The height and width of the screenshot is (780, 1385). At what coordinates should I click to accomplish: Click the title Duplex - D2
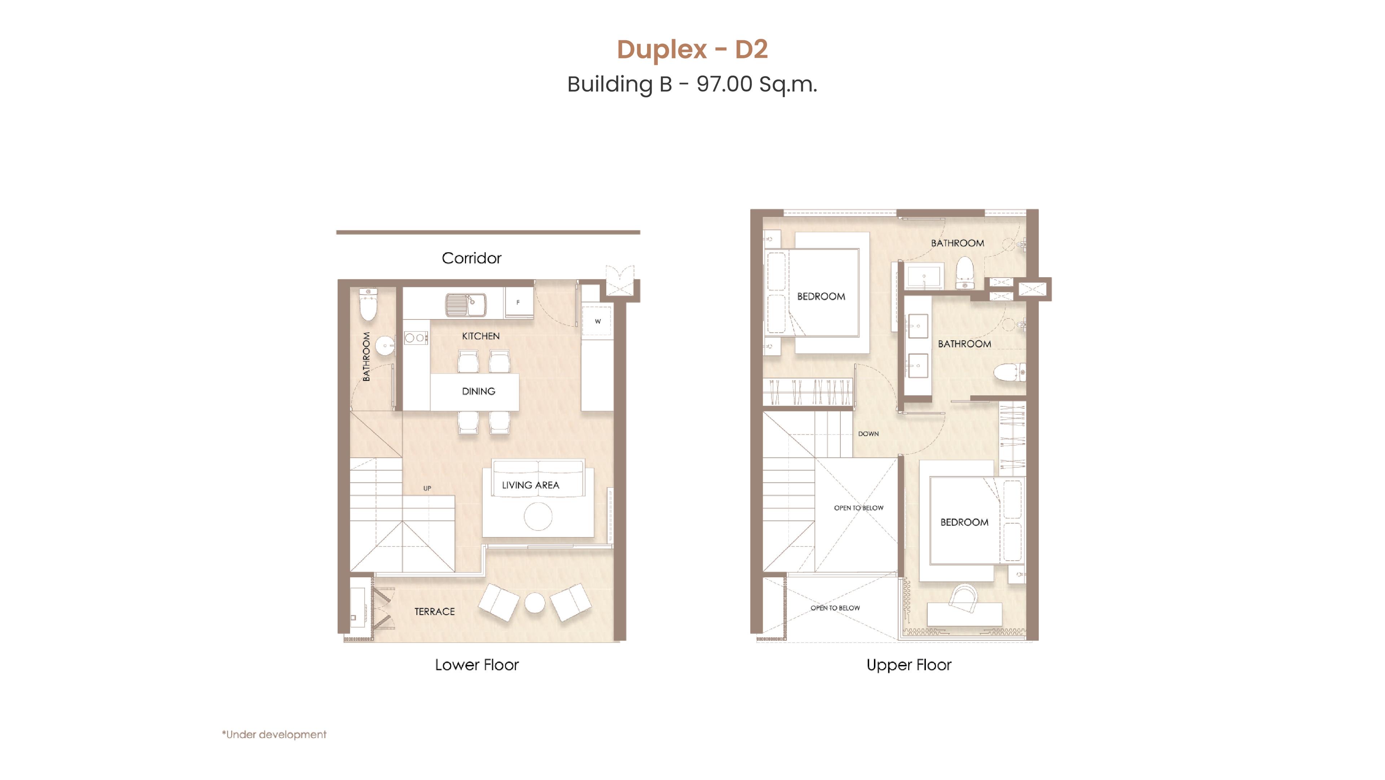[692, 49]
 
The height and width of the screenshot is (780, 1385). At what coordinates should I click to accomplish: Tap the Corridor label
[471, 258]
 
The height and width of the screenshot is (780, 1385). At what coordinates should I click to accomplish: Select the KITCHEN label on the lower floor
[481, 336]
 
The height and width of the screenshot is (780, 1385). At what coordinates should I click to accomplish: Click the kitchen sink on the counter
[466, 305]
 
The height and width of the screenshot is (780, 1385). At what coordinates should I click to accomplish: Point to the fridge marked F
[518, 302]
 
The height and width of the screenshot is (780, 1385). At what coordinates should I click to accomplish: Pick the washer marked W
[597, 321]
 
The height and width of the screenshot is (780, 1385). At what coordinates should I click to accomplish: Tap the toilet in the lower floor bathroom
[368, 305]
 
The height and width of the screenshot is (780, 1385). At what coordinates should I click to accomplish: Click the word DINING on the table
[479, 391]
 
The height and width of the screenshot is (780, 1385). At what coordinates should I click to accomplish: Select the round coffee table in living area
[538, 517]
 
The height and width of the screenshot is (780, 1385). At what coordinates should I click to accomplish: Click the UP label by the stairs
[427, 488]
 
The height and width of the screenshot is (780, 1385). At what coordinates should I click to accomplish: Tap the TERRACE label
[434, 612]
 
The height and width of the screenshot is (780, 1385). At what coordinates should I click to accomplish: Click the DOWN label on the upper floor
[868, 433]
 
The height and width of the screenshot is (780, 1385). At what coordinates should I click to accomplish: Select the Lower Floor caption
[477, 665]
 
